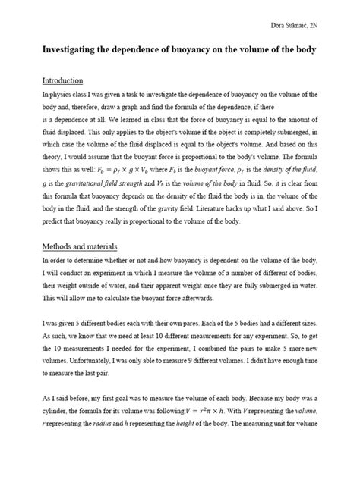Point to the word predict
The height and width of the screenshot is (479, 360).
click(x=53, y=222)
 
